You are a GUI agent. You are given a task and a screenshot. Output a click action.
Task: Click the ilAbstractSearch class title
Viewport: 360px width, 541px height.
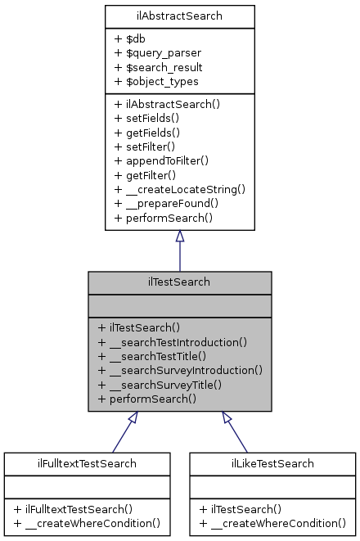point(179,15)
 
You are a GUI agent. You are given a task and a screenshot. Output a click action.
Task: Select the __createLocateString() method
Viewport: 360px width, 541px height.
point(179,189)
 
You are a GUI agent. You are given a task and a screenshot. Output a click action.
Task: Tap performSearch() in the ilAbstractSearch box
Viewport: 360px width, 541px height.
point(163,219)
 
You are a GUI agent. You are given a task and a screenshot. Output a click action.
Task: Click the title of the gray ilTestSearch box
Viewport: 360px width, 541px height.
point(179,282)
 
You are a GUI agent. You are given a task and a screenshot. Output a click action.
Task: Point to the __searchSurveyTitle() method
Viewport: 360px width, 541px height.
point(160,385)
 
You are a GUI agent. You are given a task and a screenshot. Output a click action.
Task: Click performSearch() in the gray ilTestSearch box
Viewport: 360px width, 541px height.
point(146,399)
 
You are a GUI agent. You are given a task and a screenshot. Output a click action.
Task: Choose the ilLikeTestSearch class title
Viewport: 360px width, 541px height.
point(273,463)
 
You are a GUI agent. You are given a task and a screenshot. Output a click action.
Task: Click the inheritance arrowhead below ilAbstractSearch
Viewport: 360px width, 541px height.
point(180,237)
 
